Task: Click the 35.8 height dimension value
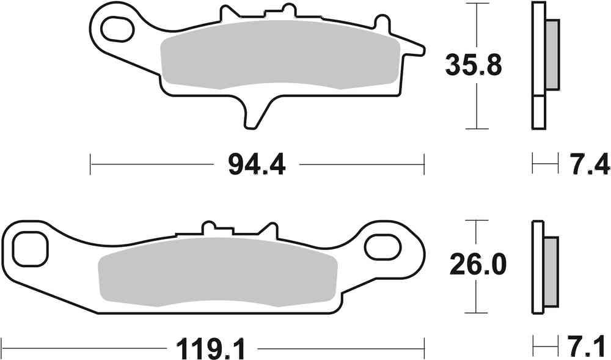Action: click(x=474, y=65)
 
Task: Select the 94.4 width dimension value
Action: click(x=257, y=164)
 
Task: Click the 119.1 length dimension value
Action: click(x=210, y=350)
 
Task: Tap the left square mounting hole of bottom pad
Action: click(x=29, y=249)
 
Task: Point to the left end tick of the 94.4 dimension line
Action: click(x=90, y=164)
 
